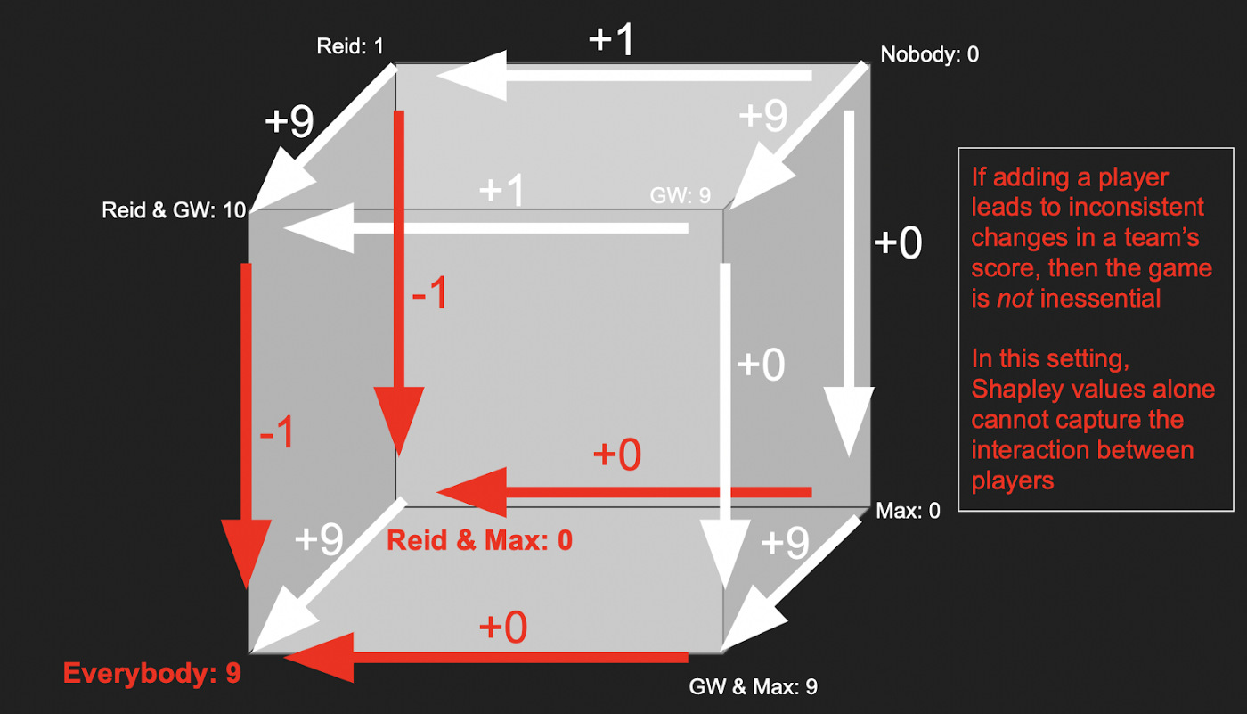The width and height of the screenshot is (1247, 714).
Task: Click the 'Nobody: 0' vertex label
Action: [929, 54]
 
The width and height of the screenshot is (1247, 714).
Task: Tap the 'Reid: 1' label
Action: [350, 46]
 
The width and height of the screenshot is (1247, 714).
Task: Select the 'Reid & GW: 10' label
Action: [174, 210]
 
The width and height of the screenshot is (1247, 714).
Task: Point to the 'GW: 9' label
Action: [681, 195]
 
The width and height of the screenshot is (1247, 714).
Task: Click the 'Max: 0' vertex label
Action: [908, 511]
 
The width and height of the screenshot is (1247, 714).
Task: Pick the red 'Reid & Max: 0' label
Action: [479, 540]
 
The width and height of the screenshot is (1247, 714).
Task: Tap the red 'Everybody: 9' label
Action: [152, 673]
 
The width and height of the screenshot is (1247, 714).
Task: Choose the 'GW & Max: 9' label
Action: [754, 686]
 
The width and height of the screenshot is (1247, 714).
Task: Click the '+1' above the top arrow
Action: [611, 39]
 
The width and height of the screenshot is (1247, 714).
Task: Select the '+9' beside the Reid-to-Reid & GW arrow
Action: [289, 121]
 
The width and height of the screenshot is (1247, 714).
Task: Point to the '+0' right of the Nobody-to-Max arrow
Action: [898, 242]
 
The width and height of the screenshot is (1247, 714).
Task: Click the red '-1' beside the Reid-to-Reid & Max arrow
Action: [429, 292]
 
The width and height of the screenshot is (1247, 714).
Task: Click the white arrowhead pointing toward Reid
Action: [473, 76]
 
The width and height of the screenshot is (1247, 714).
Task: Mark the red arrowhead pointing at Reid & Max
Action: [473, 492]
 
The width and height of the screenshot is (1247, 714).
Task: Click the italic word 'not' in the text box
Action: [1015, 299]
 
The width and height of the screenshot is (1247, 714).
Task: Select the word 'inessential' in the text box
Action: [1100, 299]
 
